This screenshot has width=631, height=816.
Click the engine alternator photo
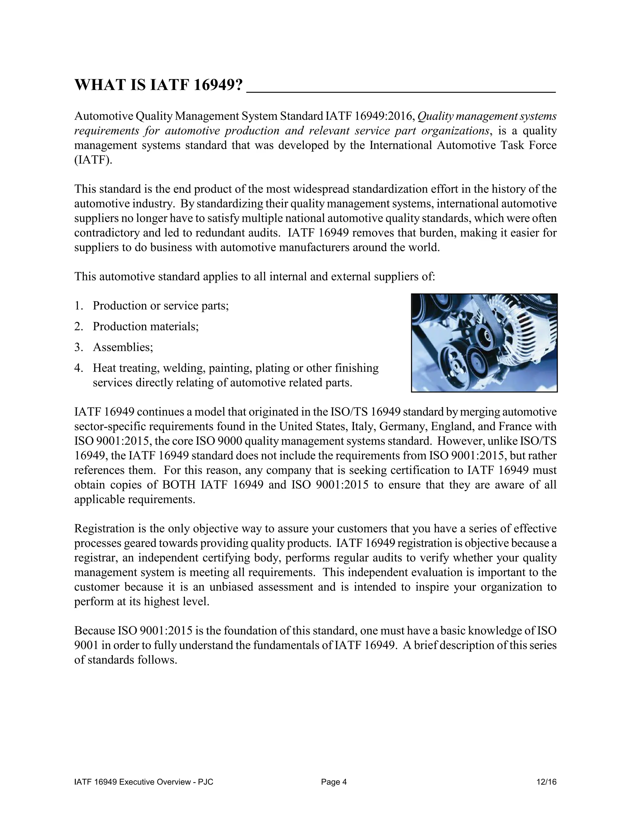[x=484, y=343]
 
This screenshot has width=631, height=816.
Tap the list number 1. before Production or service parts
[x=78, y=306]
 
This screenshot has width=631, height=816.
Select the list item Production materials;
[x=146, y=326]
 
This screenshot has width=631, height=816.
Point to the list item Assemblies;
[x=123, y=347]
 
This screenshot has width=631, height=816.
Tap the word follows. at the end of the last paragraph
[x=157, y=660]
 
